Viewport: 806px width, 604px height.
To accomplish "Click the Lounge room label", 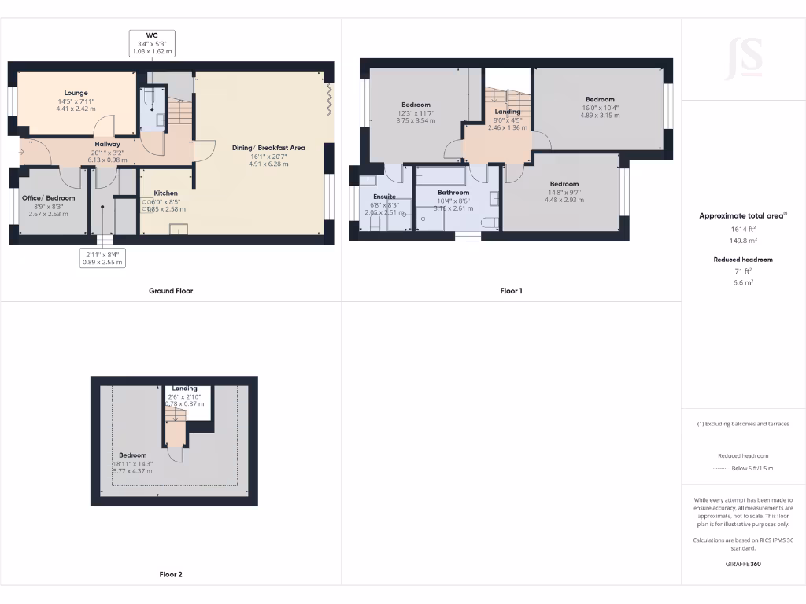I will click(76, 93).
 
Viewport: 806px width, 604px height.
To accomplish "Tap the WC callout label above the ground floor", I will click(152, 35).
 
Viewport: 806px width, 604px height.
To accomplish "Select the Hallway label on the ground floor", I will click(108, 144).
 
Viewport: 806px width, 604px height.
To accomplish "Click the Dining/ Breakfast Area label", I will click(268, 148).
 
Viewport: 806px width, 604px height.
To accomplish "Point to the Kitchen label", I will click(165, 193).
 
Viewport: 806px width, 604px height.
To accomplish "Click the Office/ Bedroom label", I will click(48, 197).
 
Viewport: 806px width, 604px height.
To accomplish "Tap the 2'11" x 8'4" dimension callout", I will click(103, 254).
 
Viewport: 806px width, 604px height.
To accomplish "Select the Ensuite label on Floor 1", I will click(384, 197).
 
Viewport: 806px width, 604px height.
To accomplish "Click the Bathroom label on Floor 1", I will click(453, 193).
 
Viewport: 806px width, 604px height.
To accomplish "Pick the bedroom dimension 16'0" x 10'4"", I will click(600, 108).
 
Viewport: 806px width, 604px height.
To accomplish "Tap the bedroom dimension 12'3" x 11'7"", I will click(416, 113).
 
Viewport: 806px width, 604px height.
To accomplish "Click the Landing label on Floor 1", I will click(507, 112).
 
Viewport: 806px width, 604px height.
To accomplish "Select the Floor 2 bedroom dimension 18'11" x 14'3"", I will click(132, 464).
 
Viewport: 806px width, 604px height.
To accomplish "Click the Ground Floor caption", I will click(171, 291).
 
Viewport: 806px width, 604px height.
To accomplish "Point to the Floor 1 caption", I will click(511, 291).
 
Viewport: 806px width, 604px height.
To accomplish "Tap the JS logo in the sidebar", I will click(743, 58).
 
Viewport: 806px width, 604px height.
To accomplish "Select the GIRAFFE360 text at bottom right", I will click(743, 564).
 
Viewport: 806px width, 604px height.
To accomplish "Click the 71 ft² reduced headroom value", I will click(742, 271).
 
